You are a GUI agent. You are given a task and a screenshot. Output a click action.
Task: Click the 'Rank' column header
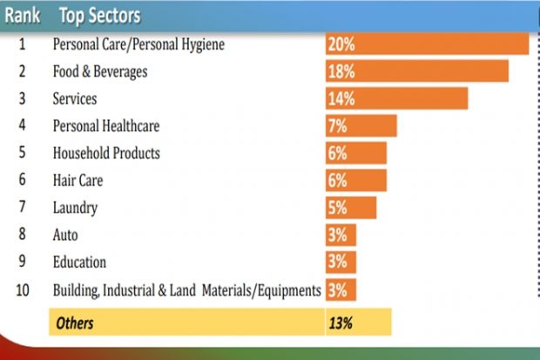click(x=23, y=16)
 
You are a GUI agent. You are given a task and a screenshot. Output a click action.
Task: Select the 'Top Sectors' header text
click(x=99, y=16)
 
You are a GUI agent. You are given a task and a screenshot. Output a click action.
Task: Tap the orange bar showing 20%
click(x=427, y=44)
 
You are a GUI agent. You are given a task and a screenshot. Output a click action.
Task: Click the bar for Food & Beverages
click(x=416, y=71)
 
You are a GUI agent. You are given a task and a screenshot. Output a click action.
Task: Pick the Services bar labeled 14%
click(x=396, y=98)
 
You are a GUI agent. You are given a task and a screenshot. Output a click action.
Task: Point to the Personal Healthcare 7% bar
click(x=361, y=126)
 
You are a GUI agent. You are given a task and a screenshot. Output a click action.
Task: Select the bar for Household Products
click(x=355, y=153)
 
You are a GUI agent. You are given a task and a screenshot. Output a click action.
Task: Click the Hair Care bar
click(x=355, y=180)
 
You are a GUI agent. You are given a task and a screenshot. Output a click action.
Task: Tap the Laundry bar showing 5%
click(x=351, y=207)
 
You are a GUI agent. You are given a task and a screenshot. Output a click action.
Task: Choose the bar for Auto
click(x=341, y=234)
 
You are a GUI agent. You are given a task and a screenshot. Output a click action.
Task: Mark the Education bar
click(x=341, y=262)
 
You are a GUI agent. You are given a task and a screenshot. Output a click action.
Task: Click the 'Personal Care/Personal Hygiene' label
click(x=139, y=44)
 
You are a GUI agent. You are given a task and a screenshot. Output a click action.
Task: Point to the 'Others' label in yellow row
click(x=74, y=323)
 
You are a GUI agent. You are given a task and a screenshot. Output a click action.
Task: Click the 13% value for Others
click(x=341, y=323)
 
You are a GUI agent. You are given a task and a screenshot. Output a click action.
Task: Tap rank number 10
click(x=23, y=289)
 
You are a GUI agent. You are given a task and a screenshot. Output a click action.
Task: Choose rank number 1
click(x=23, y=44)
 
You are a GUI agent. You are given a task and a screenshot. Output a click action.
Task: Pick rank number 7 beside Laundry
click(x=23, y=207)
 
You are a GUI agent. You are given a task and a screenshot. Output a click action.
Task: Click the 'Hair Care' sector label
click(x=78, y=180)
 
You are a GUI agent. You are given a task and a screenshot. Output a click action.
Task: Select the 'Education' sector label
click(x=79, y=262)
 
